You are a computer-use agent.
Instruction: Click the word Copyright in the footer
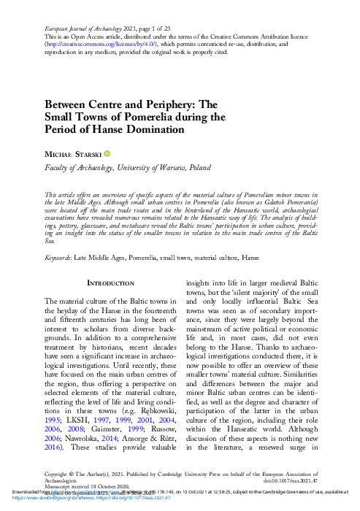[x=61, y=473]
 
